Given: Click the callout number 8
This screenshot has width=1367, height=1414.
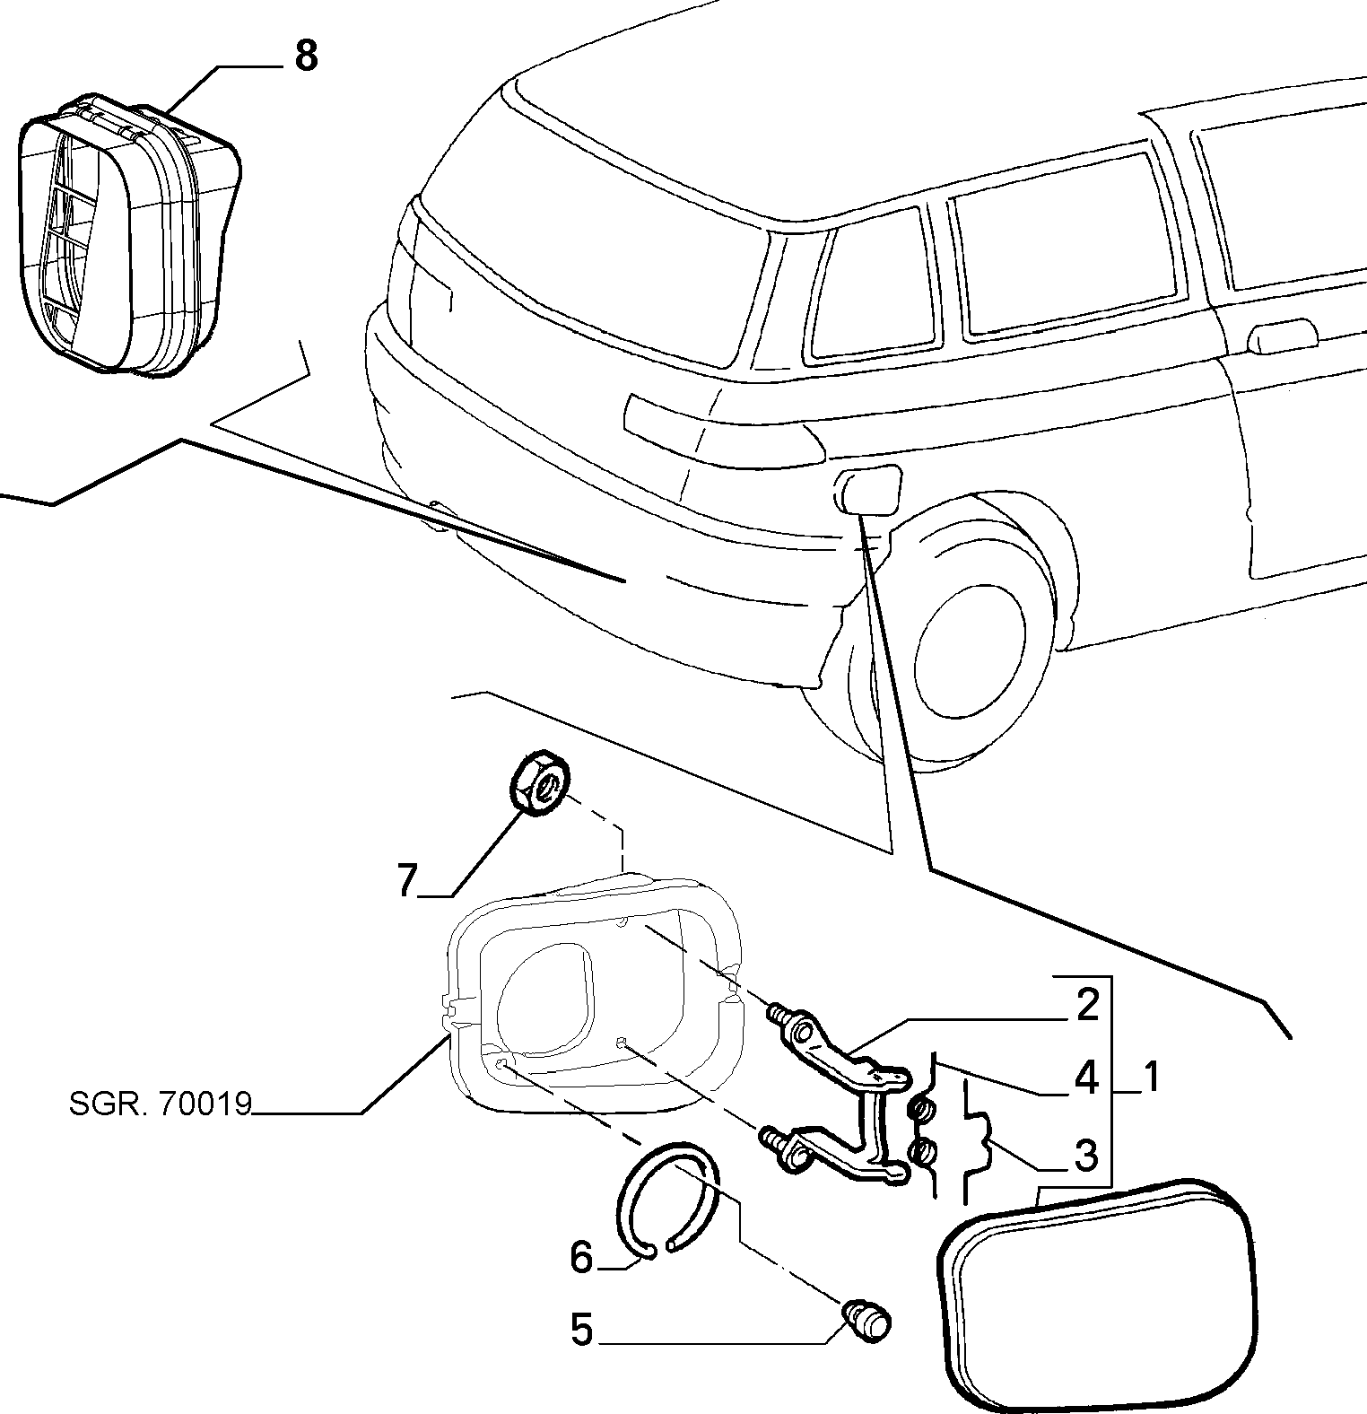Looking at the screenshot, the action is click(x=306, y=57).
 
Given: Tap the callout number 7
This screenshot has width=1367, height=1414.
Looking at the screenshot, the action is click(x=408, y=880).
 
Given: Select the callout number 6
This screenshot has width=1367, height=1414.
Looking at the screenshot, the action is click(x=581, y=1257).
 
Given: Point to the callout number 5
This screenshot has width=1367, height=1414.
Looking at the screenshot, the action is click(x=582, y=1329).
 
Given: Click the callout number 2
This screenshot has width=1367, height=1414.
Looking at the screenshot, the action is click(x=1087, y=1006).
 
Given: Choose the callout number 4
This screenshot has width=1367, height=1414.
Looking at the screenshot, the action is click(x=1087, y=1078).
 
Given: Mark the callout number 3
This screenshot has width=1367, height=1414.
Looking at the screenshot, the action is click(x=1086, y=1156).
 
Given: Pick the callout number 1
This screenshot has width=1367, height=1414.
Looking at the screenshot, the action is click(x=1149, y=1077).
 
